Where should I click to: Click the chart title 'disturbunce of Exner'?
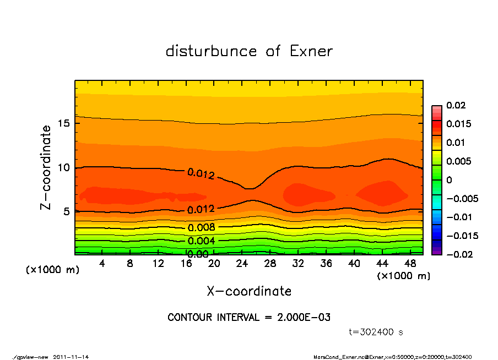click(x=249, y=51)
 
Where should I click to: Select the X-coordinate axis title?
click(x=249, y=291)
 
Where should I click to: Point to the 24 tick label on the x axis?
click(x=242, y=264)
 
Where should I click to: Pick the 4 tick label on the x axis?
click(x=102, y=264)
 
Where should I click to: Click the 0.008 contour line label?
click(x=201, y=227)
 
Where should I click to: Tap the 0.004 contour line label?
click(x=201, y=241)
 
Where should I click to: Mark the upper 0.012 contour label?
click(x=201, y=174)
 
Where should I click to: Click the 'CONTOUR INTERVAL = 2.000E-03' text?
click(x=249, y=318)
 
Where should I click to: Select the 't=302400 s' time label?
click(x=377, y=332)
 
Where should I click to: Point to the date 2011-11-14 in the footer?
click(x=71, y=357)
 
